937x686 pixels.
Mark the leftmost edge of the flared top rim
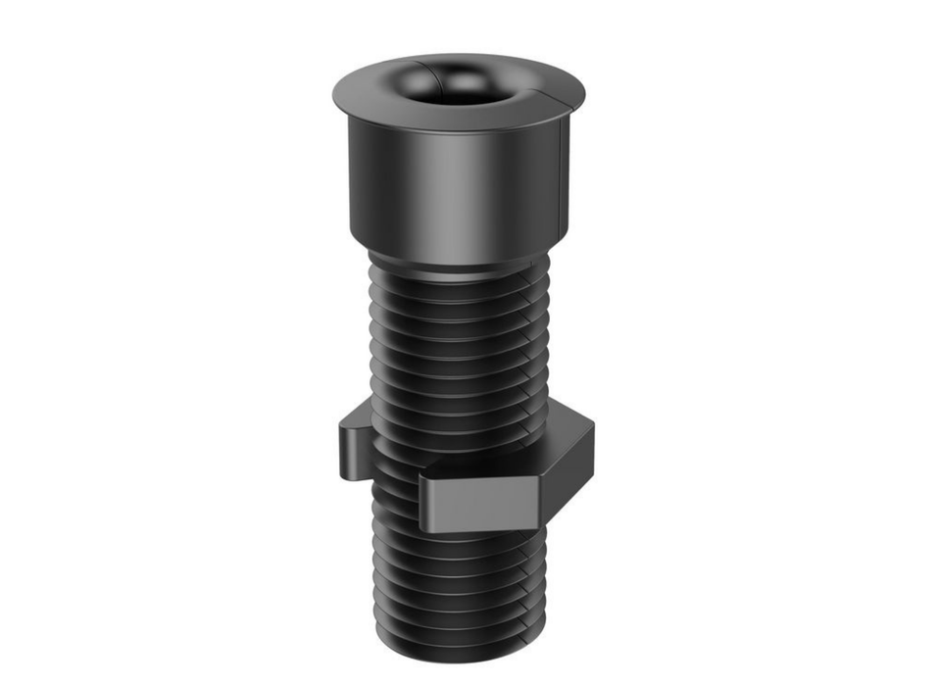pos(334,93)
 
